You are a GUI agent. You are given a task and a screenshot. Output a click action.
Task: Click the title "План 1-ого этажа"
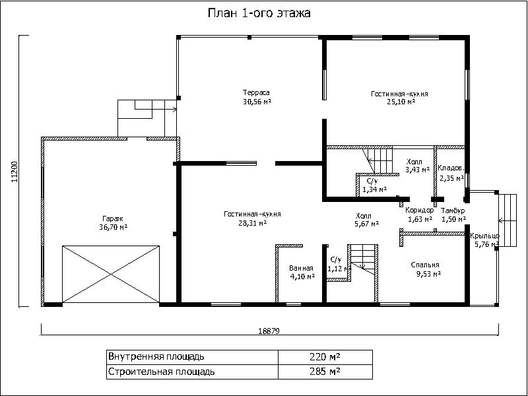pyautogui.click(x=259, y=13)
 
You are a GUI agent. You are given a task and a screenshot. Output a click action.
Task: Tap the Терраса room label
pyautogui.click(x=256, y=92)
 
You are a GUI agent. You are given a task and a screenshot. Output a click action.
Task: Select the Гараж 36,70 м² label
pyautogui.click(x=113, y=223)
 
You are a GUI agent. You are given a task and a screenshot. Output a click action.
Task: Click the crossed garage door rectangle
pyautogui.click(x=111, y=274)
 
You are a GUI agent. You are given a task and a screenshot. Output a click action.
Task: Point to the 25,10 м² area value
pyautogui.click(x=401, y=102)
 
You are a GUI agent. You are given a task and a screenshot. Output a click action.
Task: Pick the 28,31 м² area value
pyautogui.click(x=253, y=222)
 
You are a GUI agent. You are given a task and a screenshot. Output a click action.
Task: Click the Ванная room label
pyautogui.click(x=301, y=269)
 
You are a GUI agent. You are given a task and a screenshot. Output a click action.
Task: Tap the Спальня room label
pyautogui.click(x=425, y=265)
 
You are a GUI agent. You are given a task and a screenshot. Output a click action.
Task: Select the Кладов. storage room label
pyautogui.click(x=451, y=168)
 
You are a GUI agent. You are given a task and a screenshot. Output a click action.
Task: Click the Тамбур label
pyautogui.click(x=453, y=211)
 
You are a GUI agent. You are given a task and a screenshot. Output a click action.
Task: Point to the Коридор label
pyautogui.click(x=420, y=211)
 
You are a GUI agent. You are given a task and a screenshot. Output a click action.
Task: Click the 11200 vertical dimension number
pyautogui.click(x=14, y=172)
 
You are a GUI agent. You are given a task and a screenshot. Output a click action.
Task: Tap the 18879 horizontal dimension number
pyautogui.click(x=269, y=331)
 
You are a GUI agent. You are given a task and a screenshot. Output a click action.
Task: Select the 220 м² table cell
pyautogui.click(x=325, y=356)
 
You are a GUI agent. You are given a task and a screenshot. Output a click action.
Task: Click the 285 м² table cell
pyautogui.click(x=325, y=372)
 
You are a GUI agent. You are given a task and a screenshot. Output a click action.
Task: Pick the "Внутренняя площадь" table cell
pyautogui.click(x=192, y=357)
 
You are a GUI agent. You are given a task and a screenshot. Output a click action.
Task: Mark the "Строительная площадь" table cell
pyautogui.click(x=192, y=372)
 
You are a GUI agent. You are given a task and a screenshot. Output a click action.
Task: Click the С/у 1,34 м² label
pyautogui.click(x=374, y=185)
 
